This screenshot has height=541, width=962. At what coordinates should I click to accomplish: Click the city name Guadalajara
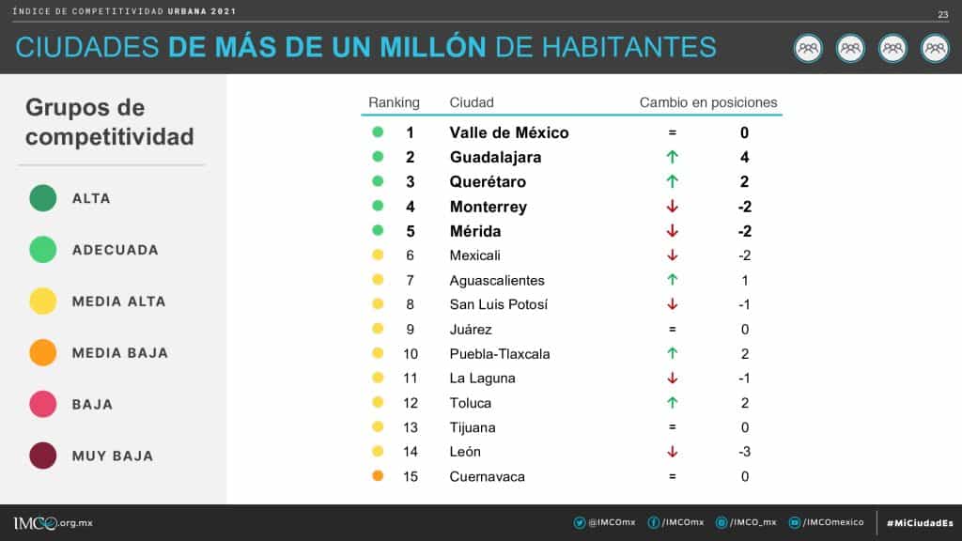(x=495, y=158)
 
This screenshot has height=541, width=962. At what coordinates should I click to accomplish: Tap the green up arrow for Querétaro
(x=672, y=182)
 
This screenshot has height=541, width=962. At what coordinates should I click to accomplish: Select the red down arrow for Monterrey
(x=672, y=207)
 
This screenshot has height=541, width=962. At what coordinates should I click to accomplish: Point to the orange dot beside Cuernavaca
(x=378, y=476)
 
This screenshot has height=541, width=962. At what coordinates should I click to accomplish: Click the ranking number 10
(x=411, y=354)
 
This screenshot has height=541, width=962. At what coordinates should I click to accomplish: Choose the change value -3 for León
(x=744, y=452)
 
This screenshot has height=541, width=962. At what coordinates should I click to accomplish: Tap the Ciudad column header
(x=472, y=102)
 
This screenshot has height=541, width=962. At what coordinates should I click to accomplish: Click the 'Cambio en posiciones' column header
(x=708, y=102)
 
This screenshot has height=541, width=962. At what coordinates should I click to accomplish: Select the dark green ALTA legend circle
(x=43, y=198)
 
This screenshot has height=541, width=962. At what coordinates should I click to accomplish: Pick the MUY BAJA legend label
(x=113, y=456)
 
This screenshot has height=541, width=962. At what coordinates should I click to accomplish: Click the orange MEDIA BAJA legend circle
(x=43, y=353)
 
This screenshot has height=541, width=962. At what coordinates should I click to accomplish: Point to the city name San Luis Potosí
(x=498, y=304)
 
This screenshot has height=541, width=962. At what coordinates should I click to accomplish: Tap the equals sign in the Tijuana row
(x=672, y=427)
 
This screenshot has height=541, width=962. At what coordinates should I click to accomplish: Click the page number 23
(x=942, y=14)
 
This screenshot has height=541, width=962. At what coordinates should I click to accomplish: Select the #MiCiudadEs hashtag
(x=919, y=522)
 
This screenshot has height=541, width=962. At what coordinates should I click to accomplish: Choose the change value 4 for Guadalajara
(x=744, y=158)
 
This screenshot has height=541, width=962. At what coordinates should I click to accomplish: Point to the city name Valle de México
(x=509, y=132)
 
